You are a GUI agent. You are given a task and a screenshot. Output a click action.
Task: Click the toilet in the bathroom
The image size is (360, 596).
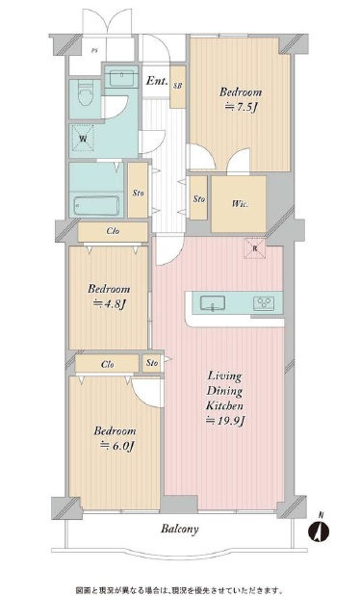[85, 94]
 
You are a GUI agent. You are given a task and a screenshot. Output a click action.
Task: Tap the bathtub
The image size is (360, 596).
[96, 206]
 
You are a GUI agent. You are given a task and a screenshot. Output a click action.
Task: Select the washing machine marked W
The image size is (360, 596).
[83, 139]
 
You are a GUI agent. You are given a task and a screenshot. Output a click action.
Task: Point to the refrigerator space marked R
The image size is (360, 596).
[255, 248]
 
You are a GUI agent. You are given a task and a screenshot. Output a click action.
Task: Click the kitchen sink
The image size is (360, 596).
[213, 303]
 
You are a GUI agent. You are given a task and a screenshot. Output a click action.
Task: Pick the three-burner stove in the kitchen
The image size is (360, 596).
[264, 303]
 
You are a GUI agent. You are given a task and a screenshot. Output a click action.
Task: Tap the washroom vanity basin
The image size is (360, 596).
[121, 77]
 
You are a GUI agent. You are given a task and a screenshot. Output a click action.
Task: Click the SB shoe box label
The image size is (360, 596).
[177, 86]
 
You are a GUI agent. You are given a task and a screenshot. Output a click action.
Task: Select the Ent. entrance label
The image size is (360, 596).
[157, 81]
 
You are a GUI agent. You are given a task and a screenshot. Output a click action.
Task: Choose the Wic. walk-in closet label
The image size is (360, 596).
[241, 204]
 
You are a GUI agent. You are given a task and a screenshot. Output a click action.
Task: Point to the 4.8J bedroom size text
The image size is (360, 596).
[109, 303]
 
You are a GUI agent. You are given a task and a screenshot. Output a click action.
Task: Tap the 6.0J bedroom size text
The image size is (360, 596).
[117, 446]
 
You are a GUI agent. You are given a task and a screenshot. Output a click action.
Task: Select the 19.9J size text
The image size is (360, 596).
[225, 421]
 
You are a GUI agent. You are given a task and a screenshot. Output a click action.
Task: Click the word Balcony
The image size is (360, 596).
[179, 529]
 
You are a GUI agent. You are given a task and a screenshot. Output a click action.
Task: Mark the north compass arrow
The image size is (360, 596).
[319, 528]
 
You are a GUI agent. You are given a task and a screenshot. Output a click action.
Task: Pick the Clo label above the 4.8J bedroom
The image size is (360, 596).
[113, 231]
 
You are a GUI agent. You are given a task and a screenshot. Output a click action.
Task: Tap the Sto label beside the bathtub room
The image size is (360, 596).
[138, 194]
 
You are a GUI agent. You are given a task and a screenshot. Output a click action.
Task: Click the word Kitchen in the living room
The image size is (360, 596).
[224, 406]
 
